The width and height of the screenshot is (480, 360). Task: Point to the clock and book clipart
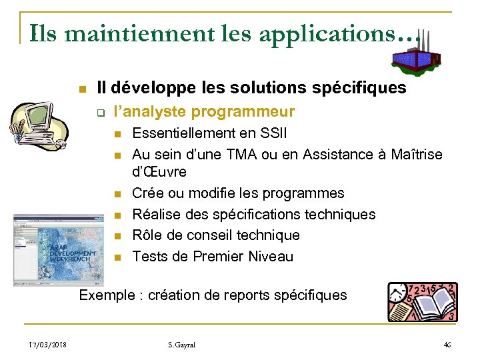pos(423,301)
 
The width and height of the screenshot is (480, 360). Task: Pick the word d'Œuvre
pos(159,172)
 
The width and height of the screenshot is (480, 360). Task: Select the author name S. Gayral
pos(182,345)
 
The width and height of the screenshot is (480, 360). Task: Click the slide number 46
pos(447,345)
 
